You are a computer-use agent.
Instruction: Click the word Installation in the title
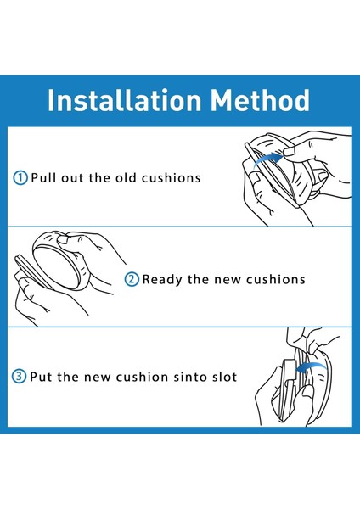[125, 100]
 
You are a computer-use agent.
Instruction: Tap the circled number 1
[20, 178]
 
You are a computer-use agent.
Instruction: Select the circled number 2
[132, 279]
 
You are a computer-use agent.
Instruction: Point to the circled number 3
[19, 377]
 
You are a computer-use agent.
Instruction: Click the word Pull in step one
[43, 178]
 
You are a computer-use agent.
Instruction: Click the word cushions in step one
[172, 178]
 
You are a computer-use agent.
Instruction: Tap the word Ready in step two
[162, 280]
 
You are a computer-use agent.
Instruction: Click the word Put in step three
[42, 377]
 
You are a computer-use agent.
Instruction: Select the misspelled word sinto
[190, 377]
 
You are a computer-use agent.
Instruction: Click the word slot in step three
[225, 377]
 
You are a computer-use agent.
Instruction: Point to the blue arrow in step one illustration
[267, 159]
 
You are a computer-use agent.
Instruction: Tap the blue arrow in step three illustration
[310, 367]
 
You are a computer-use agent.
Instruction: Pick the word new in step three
[98, 377]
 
